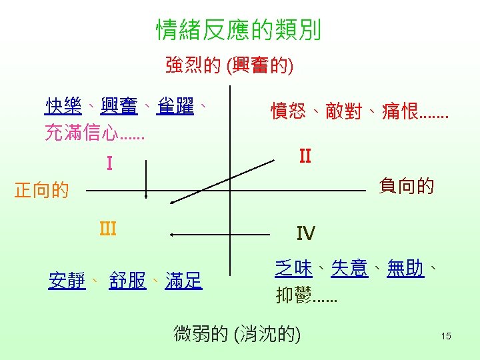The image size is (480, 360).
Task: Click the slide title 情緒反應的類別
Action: (x=239, y=30)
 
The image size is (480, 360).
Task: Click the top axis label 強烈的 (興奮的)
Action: (x=230, y=65)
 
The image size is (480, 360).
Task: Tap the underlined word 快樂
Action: (x=63, y=106)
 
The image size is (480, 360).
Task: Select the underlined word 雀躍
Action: (x=175, y=106)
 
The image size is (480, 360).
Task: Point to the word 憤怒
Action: (x=289, y=111)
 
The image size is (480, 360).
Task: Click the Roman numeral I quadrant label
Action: (x=109, y=163)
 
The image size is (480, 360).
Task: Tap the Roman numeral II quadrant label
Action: (x=305, y=156)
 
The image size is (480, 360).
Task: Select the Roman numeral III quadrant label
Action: (x=107, y=229)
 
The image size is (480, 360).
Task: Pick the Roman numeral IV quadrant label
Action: (x=306, y=233)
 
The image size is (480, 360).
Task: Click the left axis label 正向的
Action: (x=42, y=191)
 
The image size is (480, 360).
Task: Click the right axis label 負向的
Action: (x=406, y=185)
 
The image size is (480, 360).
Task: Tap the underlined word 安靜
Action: (x=67, y=281)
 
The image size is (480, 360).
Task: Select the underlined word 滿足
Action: (x=183, y=281)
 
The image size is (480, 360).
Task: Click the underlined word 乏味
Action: (x=293, y=269)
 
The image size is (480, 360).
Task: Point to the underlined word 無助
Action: (x=405, y=269)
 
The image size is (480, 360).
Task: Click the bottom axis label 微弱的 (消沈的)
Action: (x=237, y=333)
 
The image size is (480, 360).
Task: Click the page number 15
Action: (x=446, y=336)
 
